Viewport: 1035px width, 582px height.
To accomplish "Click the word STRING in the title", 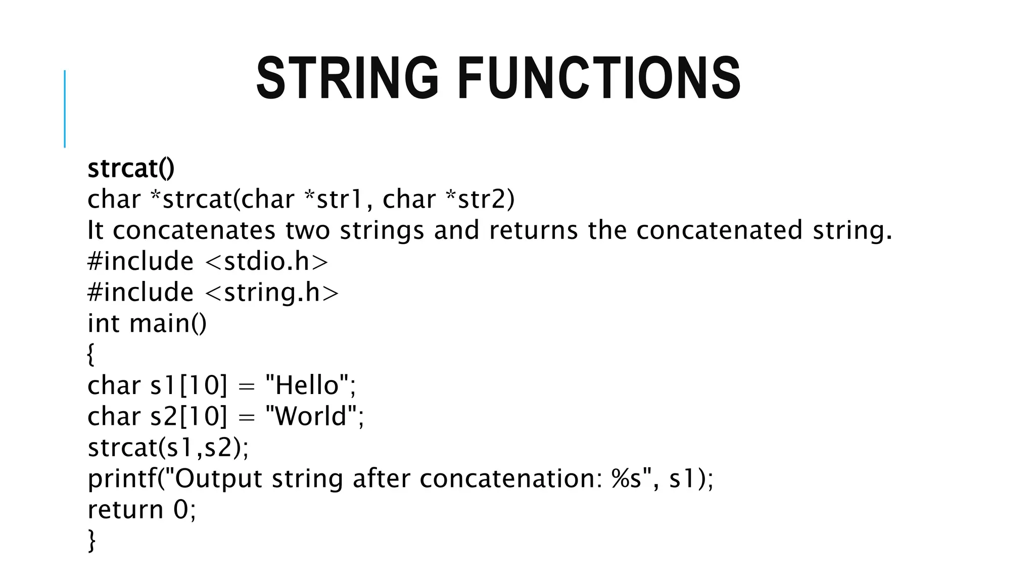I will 347,78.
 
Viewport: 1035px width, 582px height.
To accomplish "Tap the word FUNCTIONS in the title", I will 599,78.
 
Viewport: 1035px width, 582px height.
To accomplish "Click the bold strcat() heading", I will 131,168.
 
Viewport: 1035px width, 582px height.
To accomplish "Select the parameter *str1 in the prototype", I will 334,199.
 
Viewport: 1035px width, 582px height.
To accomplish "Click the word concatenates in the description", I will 194,230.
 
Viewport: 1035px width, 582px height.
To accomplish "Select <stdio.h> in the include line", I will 267,262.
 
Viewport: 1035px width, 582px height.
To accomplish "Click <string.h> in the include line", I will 272,293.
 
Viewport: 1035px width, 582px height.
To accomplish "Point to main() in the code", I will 168,324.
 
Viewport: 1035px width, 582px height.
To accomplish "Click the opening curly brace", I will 91,354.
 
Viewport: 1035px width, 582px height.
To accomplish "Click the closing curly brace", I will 91,540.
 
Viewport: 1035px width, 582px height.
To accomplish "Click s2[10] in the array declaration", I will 189,417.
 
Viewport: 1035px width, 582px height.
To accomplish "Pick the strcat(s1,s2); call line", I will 168,448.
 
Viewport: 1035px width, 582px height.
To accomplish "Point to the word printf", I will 122,479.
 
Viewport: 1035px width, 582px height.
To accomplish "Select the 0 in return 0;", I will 180,510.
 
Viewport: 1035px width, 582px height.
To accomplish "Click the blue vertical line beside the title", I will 65,109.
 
